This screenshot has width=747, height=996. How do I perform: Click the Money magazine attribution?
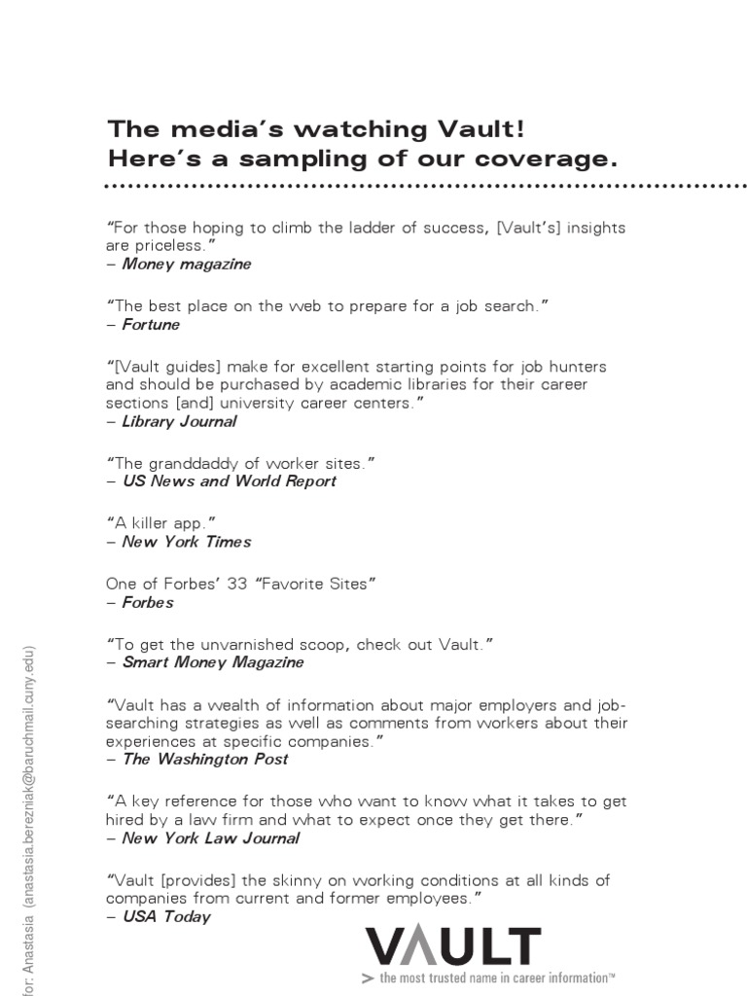186,264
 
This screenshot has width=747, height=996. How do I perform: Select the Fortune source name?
151,324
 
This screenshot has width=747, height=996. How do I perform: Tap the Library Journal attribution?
179,421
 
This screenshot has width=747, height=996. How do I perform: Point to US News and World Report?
230,480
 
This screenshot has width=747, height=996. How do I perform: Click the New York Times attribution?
187,541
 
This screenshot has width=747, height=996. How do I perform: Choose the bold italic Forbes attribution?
148,602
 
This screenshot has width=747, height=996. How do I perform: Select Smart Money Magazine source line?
213,662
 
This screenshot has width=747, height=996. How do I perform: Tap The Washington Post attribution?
205,759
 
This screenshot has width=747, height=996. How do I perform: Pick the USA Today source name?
166,916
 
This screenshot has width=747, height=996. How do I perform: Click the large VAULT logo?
452,948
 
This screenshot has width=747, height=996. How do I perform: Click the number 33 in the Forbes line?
237,584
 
